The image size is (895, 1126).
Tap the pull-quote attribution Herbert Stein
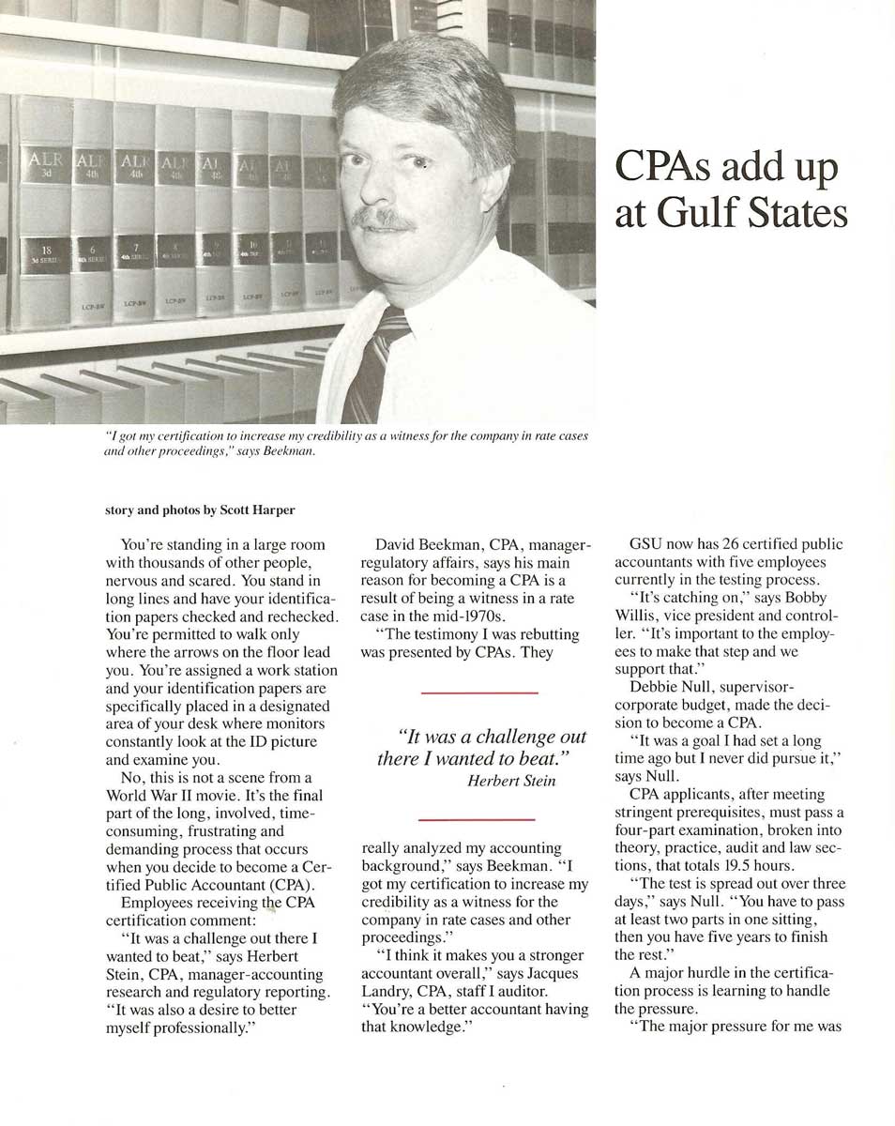coord(510,781)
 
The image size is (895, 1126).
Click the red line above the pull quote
coord(479,692)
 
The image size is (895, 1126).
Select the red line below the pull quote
coord(479,818)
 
